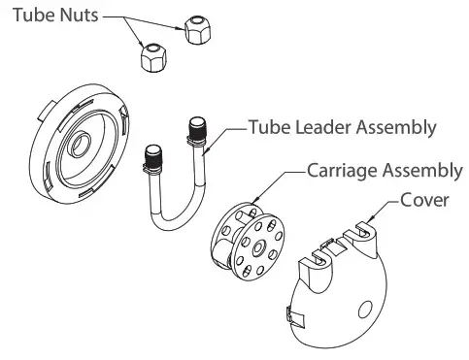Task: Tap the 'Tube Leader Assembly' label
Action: pos(342,127)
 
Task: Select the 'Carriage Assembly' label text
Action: pos(384,172)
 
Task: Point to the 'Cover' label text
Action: pos(429,202)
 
